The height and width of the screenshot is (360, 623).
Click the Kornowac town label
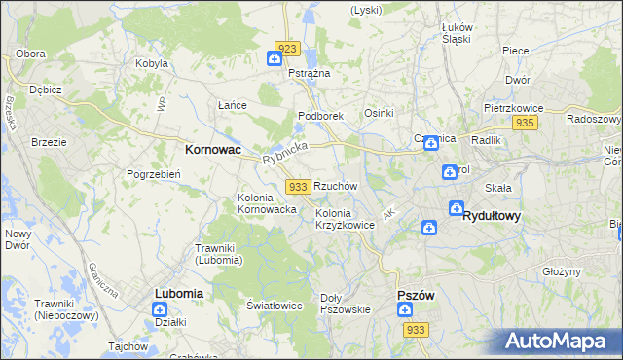213,151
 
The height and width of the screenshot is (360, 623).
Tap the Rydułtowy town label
492,215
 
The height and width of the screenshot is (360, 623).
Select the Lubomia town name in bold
179,293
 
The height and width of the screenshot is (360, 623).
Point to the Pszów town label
416,295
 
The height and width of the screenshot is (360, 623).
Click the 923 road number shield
286,48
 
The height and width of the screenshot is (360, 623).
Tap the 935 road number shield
526,123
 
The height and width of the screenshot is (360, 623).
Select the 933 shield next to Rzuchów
299,186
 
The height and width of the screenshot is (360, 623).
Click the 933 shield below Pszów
416,331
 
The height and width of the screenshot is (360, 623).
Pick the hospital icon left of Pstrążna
275,60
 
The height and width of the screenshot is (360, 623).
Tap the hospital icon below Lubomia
159,309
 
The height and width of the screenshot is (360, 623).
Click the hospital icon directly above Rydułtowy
457,207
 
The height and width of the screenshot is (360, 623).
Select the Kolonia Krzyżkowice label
345,219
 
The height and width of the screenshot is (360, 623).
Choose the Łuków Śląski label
456,33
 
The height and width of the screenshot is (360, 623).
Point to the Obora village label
31,53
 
